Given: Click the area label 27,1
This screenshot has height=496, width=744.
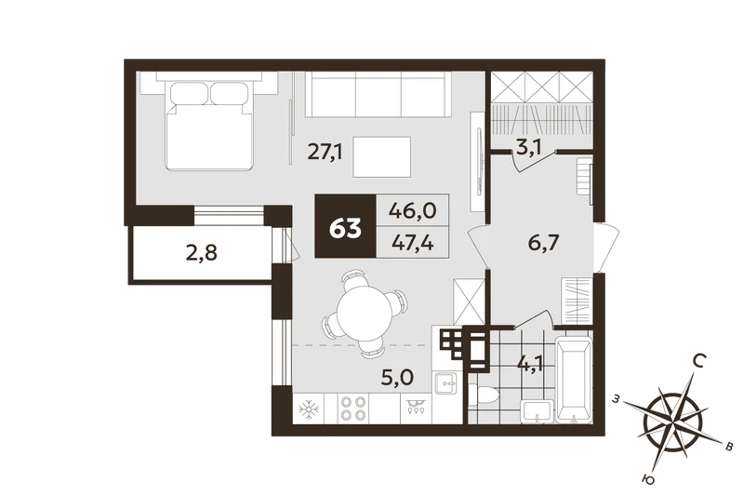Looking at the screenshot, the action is point(325,152).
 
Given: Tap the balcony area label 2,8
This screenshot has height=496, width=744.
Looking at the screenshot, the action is point(202,253).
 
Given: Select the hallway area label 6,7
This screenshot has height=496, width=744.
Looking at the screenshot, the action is point(544,243).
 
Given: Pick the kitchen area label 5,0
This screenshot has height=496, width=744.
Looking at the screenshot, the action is point(398,378).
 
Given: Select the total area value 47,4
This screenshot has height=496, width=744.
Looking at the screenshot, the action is point(412,244).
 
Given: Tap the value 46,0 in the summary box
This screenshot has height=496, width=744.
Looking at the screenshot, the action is point(412,209).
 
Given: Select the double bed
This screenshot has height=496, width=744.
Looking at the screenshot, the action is point(209,126).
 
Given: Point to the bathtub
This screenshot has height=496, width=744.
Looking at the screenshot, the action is point(574,379).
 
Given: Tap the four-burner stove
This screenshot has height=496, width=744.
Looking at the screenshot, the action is point(353,409).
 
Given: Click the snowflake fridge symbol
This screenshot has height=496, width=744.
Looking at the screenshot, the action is point(308,409).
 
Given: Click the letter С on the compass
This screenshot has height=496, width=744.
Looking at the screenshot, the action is point(698,362).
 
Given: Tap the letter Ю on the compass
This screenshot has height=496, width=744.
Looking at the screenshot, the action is point(648,480).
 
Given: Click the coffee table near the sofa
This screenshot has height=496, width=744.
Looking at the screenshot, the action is point(382,157).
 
